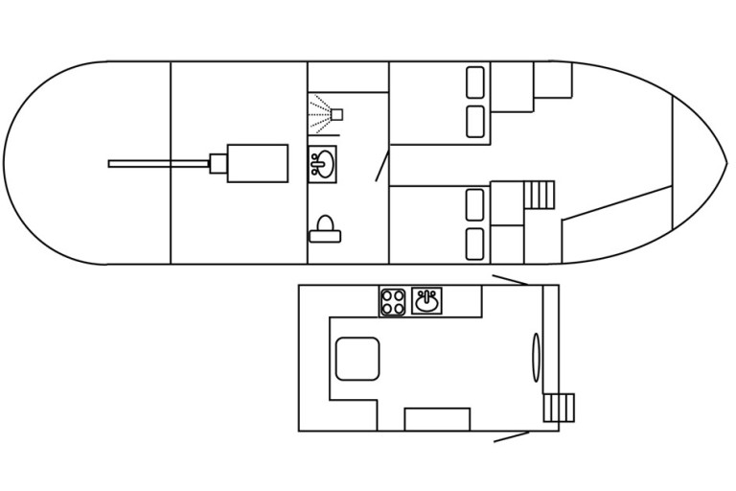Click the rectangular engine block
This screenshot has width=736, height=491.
click(x=257, y=163)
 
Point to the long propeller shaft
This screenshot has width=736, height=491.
click(x=158, y=164)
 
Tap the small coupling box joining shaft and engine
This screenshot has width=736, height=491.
click(x=218, y=163)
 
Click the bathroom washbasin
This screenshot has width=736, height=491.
click(x=322, y=164)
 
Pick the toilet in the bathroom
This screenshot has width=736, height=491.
click(x=325, y=228)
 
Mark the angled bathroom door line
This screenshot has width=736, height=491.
click(x=381, y=166)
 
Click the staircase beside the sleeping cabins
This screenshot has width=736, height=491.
click(x=540, y=195)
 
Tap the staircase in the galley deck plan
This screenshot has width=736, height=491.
click(x=559, y=408)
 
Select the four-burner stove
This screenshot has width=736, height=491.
click(x=393, y=302)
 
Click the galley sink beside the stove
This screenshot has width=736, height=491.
click(x=426, y=302)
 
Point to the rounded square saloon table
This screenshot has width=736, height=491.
click(x=357, y=359)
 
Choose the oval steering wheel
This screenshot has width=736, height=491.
click(x=537, y=357)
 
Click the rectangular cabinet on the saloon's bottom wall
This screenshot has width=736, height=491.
click(x=437, y=419)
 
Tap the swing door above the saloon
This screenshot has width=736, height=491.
click(x=510, y=280)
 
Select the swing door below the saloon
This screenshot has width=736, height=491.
click(x=511, y=436)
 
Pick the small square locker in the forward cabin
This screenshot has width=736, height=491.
click(x=552, y=81)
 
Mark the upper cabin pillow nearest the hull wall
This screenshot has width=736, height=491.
click(x=475, y=82)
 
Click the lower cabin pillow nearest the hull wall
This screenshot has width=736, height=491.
click(x=475, y=244)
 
